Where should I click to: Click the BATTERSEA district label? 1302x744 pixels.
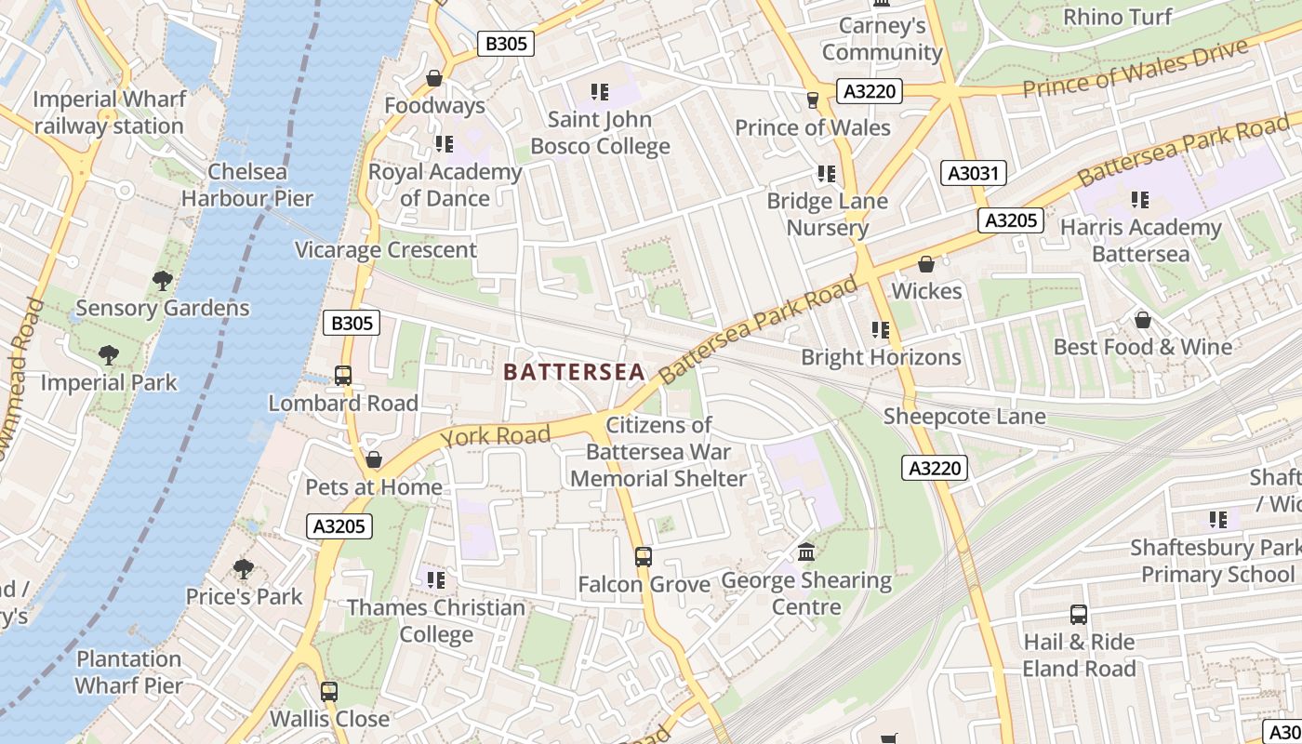pos(574,372)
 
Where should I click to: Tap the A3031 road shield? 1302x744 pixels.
pos(974,173)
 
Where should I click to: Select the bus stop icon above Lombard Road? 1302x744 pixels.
pos(343,376)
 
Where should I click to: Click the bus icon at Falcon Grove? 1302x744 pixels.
pos(643,557)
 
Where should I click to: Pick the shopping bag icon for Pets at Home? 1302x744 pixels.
pos(374,459)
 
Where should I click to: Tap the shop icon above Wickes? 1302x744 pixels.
pos(925,264)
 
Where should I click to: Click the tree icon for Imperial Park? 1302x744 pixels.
pos(109,355)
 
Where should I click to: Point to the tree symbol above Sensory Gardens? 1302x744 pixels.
pos(162,280)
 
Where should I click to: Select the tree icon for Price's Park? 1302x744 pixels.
pos(244,568)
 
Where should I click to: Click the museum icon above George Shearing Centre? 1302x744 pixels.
pos(806,552)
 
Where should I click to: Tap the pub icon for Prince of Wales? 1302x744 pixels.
pos(813,100)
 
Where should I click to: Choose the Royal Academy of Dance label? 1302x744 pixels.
pos(445,185)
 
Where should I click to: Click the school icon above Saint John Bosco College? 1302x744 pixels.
pos(600,92)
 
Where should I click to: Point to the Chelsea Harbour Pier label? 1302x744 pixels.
pos(247,184)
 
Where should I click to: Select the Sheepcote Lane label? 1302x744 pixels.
pos(964,416)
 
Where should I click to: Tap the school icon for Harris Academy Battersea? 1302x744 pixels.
pos(1140,200)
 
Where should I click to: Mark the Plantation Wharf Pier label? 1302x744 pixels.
pos(128,671)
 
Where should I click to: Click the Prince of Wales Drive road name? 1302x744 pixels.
pos(1135,70)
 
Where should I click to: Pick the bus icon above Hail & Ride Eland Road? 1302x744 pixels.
pos(1079,615)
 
